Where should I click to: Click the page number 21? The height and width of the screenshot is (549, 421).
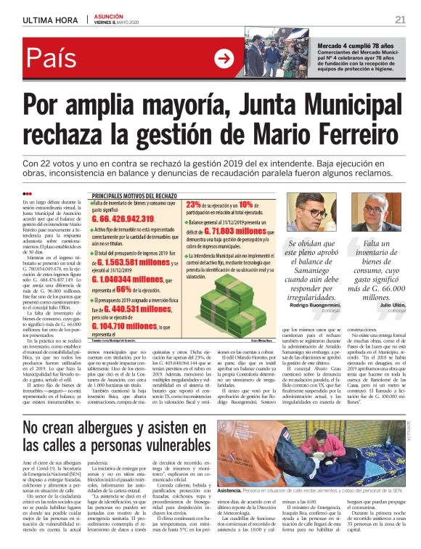(x=400, y=19)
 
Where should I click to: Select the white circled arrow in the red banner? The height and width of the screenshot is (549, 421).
(x=224, y=57)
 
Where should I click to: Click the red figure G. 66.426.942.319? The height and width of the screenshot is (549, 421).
(x=133, y=218)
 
